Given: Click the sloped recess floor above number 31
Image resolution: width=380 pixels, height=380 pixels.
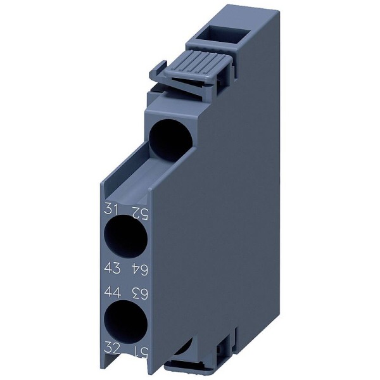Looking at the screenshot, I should click(127, 184).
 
